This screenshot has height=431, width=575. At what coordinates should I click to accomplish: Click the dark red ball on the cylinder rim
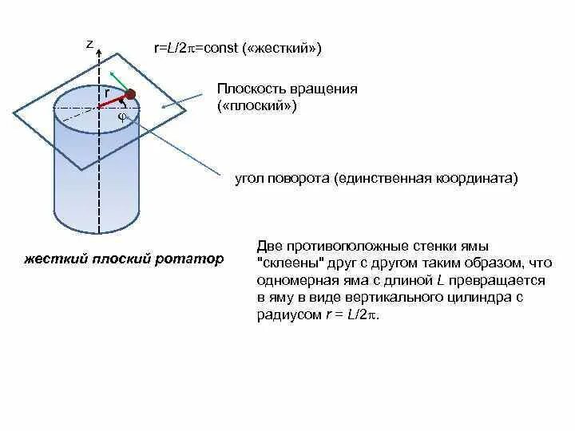click(130, 94)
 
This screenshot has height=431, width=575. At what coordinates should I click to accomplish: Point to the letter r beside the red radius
click(106, 93)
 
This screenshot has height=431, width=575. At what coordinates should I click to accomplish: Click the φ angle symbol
click(122, 116)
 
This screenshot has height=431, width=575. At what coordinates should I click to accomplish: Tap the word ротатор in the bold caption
click(192, 260)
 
